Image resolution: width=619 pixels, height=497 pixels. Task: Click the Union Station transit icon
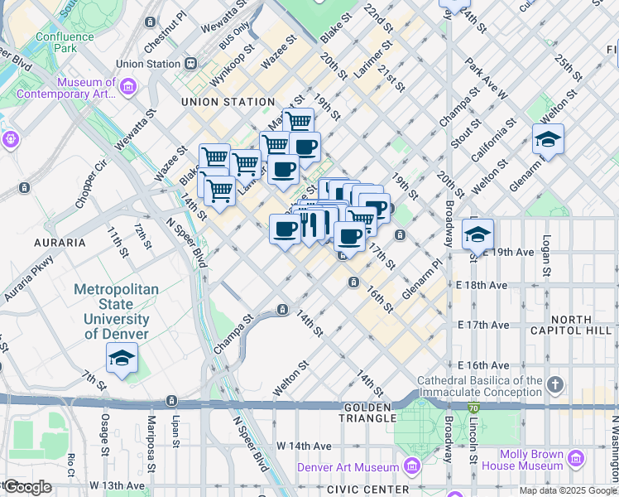tap(191, 63)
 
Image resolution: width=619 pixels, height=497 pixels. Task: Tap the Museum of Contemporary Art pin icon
tap(127, 86)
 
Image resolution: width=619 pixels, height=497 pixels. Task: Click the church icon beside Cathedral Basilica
tap(555, 385)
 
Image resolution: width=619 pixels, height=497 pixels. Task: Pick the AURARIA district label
tap(59, 243)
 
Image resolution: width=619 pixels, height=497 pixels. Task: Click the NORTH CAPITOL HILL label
tap(582, 325)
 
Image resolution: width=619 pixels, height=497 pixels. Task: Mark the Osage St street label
tap(105, 430)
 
